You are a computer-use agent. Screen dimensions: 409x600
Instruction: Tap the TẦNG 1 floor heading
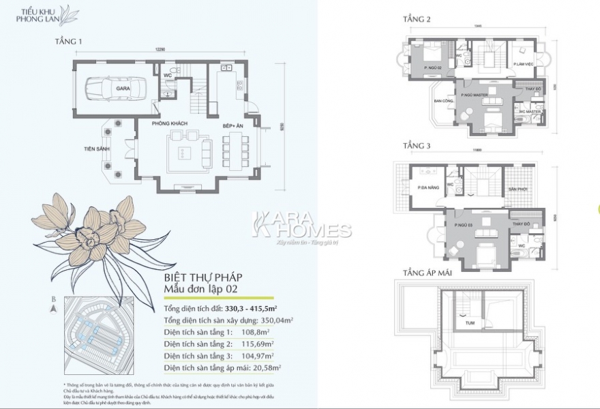click(x=68, y=42)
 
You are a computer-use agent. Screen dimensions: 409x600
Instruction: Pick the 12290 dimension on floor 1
click(x=160, y=50)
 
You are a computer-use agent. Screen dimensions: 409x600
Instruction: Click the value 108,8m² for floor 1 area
click(x=257, y=332)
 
